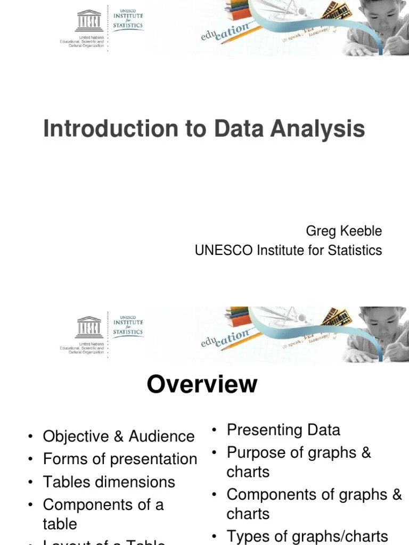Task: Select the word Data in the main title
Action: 239,129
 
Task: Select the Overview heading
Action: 202,384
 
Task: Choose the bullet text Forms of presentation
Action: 120,459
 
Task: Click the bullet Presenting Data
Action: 283,430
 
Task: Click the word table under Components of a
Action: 60,524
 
